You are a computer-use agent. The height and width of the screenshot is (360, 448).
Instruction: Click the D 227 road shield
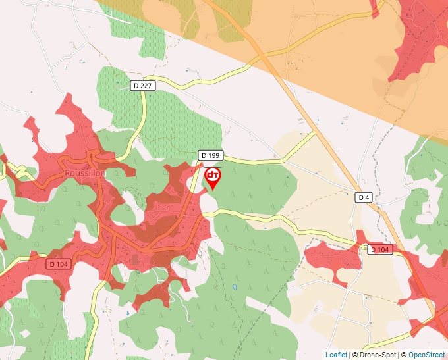click(142, 86)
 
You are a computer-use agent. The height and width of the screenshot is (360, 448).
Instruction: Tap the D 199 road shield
click(211, 155)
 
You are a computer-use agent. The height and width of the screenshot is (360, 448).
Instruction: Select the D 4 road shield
click(364, 197)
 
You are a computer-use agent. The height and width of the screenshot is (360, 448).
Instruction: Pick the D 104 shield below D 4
click(381, 249)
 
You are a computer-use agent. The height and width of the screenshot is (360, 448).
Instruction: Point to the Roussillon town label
click(85, 173)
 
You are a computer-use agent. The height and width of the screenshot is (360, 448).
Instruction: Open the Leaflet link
click(336, 355)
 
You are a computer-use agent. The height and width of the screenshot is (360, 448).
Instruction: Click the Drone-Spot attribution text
click(374, 355)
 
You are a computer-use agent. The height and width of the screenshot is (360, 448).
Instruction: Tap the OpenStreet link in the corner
click(426, 355)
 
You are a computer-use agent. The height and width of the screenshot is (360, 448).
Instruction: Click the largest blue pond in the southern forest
click(234, 288)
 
